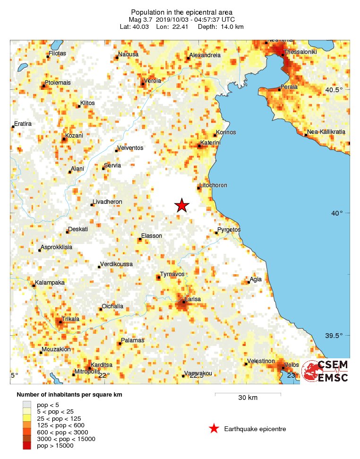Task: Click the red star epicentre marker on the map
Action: click(x=182, y=205)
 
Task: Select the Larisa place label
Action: click(x=193, y=299)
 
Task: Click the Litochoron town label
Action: click(x=214, y=185)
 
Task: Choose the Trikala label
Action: click(x=70, y=319)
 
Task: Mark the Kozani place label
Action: click(x=74, y=135)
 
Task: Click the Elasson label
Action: click(x=152, y=235)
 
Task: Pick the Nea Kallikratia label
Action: click(x=326, y=131)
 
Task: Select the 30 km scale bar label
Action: click(x=248, y=398)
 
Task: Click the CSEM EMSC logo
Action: click(x=326, y=371)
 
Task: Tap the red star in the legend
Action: click(x=214, y=429)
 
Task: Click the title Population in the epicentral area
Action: click(x=181, y=12)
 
